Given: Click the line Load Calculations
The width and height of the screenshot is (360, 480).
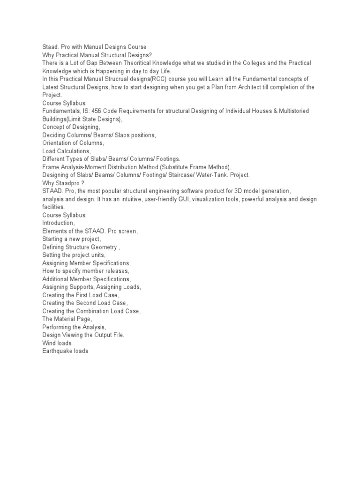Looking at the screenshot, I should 66,151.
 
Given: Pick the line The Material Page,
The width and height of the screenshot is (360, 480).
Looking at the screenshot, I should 67,319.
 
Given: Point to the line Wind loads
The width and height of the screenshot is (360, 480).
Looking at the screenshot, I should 57,343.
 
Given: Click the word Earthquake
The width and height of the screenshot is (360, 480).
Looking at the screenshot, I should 58,351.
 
